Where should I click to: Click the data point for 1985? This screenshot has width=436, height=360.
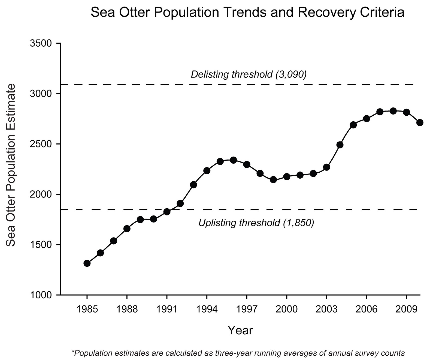[x=87, y=263]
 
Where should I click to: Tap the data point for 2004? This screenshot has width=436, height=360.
[x=340, y=145]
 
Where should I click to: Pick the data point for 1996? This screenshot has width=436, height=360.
[x=233, y=160]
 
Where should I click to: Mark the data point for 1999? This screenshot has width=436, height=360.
[x=273, y=180]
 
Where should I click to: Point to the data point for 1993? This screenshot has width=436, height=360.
[x=193, y=185]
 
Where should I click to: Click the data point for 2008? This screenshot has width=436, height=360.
[x=393, y=111]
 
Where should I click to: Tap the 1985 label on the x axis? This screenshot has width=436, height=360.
[x=87, y=309]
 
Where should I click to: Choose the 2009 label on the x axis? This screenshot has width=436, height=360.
[x=407, y=309]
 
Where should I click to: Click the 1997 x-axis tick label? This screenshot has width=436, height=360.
[x=247, y=309]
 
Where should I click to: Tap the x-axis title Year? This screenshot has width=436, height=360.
[x=240, y=330]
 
